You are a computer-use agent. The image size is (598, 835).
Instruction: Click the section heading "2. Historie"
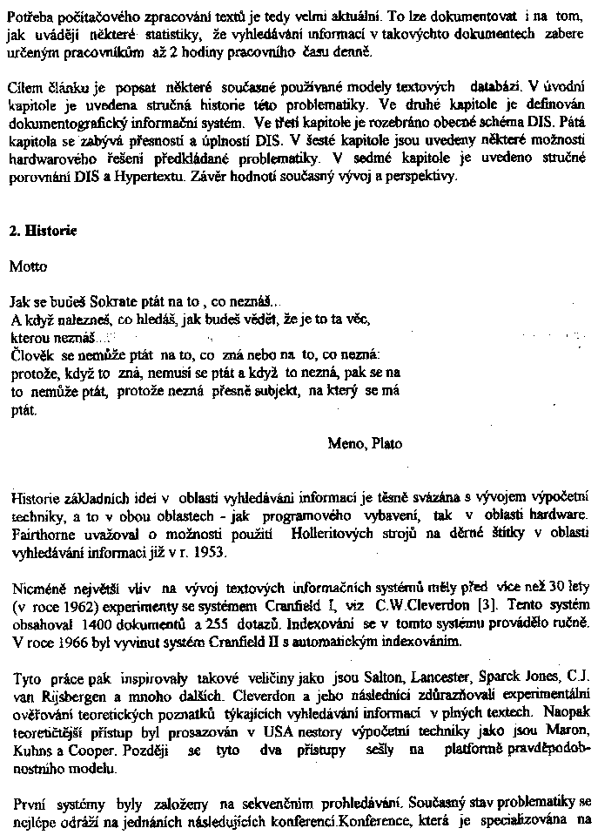(43, 232)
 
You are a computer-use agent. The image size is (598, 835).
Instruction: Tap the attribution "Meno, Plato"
(365, 443)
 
